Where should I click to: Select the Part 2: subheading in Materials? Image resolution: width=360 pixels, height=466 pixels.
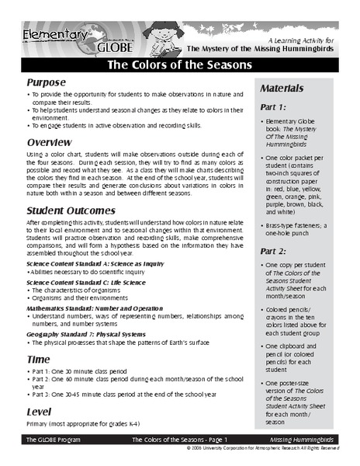(x=275, y=251)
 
